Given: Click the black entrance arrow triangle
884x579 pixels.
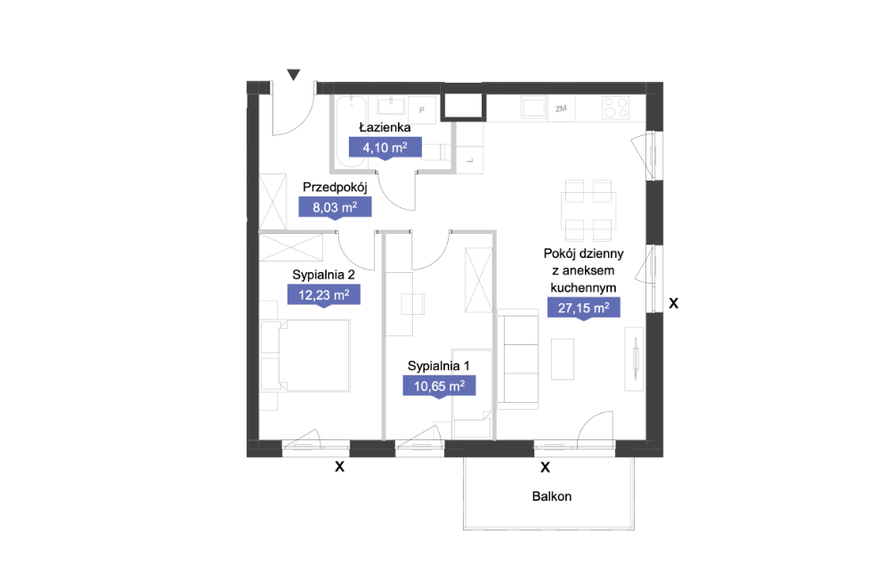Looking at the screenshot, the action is click(x=293, y=75).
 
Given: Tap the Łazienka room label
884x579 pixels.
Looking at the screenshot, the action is click(x=385, y=127).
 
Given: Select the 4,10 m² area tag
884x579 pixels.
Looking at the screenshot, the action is click(x=385, y=149).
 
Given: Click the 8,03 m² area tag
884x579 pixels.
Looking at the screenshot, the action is click(x=335, y=207).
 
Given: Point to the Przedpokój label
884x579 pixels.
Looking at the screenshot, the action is click(x=335, y=188).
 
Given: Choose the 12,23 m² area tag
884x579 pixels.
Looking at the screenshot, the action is click(x=324, y=295).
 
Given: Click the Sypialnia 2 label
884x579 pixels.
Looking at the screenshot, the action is click(x=324, y=275).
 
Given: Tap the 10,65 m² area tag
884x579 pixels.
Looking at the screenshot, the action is click(x=439, y=386).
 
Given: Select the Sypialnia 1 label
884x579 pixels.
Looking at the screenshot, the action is click(x=439, y=366).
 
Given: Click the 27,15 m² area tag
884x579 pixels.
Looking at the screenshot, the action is click(x=583, y=308).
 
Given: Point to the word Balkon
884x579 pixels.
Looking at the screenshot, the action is click(x=552, y=496).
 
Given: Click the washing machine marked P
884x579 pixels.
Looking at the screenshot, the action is click(x=422, y=109).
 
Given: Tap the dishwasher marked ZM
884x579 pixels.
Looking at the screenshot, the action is click(x=561, y=109).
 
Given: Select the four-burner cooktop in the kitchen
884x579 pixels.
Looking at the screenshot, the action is click(x=616, y=108).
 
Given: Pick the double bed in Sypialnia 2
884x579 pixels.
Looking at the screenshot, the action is click(x=306, y=356).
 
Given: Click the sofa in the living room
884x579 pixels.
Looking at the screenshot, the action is click(x=517, y=358).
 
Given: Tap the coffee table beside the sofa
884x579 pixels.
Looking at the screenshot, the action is click(x=563, y=358).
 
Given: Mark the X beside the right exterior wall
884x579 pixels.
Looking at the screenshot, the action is click(x=673, y=303).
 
